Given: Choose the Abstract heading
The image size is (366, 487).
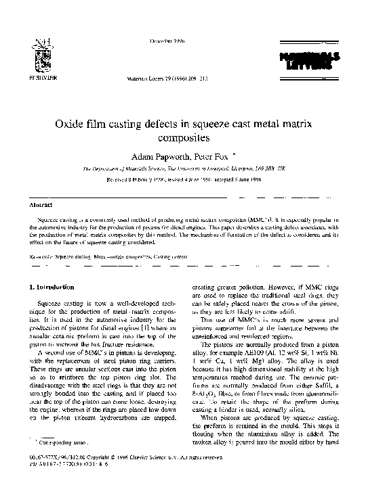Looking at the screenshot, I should coord(42,204).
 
